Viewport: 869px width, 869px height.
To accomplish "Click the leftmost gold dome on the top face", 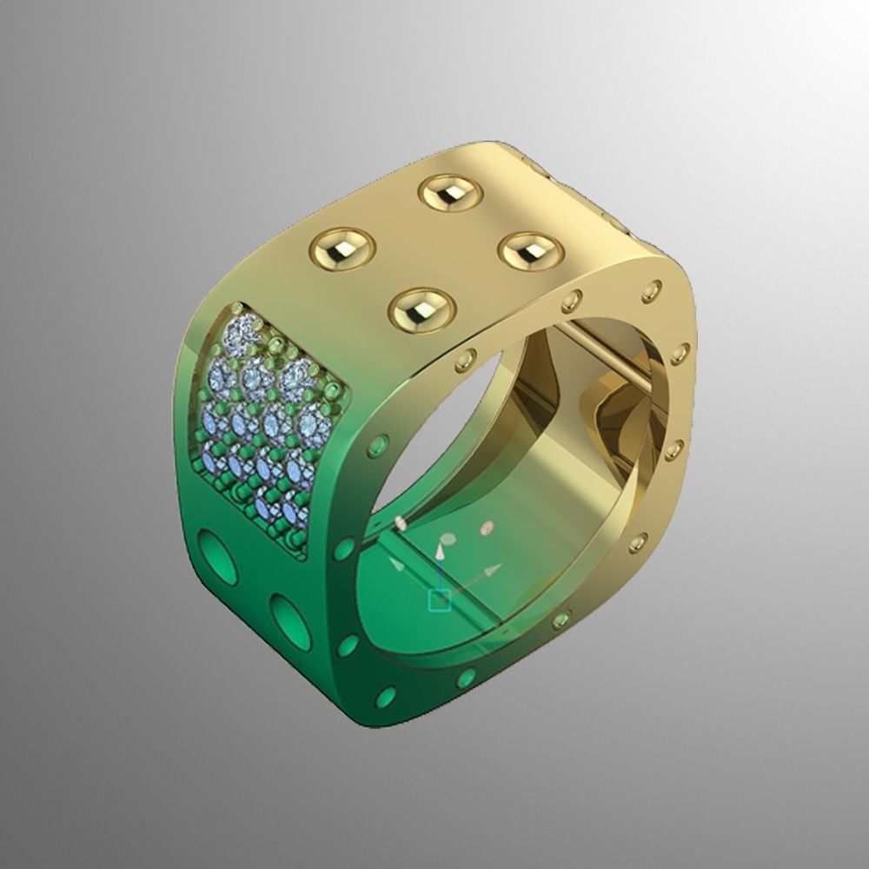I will point(342,249).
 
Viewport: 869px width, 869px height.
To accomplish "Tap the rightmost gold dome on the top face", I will point(530,249).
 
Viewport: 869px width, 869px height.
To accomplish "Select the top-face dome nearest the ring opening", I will point(422,309).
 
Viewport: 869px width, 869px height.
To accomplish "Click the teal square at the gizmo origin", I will point(440,600).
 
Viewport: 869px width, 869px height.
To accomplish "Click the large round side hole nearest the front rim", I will point(289,620).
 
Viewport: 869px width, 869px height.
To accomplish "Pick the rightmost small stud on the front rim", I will point(680,353).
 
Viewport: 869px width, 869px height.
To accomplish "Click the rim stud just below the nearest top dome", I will point(466,357).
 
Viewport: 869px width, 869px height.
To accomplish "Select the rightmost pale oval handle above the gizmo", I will point(488,527).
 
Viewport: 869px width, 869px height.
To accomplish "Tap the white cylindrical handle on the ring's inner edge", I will point(401,522).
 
